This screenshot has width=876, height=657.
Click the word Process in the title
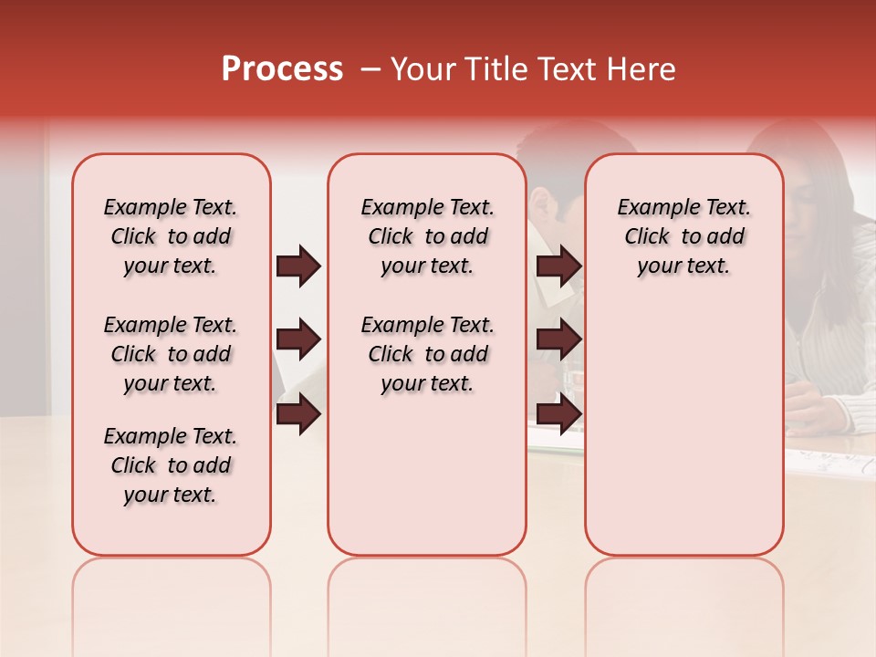tap(282, 69)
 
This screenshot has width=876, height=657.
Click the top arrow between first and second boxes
tap(298, 266)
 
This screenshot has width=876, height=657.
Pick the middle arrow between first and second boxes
tap(298, 340)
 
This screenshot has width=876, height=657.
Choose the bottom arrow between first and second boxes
tap(298, 414)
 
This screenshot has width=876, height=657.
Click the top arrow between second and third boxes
tap(559, 266)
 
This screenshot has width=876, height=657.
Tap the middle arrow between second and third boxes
tap(559, 340)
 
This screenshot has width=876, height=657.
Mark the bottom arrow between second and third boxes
tap(559, 414)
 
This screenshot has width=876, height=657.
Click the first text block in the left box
tap(171, 236)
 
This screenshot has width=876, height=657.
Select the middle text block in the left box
tap(171, 354)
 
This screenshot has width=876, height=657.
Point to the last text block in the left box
tap(171, 465)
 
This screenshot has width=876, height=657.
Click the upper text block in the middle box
tap(427, 236)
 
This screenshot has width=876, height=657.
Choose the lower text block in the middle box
tap(427, 354)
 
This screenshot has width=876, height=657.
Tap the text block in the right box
tap(683, 236)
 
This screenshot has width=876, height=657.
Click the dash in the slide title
tap(370, 69)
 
